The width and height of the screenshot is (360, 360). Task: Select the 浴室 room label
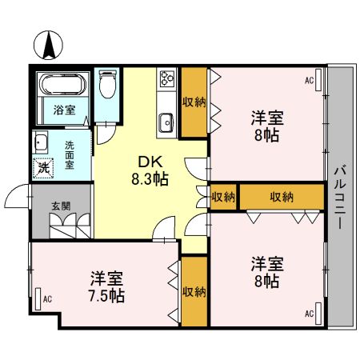[65, 110]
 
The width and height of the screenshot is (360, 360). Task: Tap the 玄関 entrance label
[61, 206]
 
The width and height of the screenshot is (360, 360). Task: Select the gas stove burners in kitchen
[168, 79]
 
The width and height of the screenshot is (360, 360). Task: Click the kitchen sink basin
[166, 122]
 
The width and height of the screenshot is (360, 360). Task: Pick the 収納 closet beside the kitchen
[192, 102]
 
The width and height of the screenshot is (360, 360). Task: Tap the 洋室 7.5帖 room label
[106, 287]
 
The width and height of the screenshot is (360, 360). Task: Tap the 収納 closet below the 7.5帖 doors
[192, 290]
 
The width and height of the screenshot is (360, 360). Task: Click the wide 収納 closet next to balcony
[280, 197]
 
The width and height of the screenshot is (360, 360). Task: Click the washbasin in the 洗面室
[40, 143]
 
